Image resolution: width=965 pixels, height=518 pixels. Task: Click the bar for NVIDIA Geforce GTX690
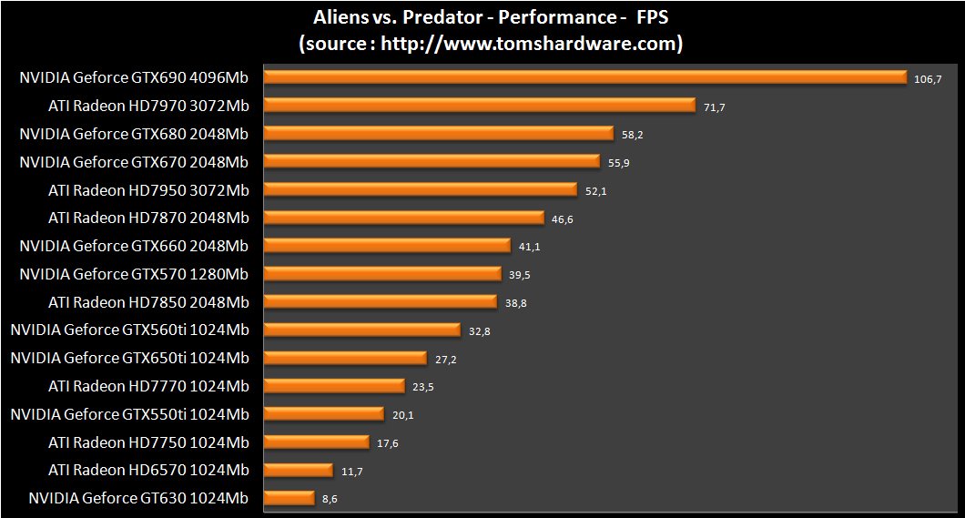(584, 77)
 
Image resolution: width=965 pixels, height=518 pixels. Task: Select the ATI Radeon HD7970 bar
(480, 106)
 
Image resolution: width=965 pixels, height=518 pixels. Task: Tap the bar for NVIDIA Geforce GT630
(289, 498)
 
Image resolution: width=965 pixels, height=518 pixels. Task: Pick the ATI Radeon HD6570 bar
(298, 470)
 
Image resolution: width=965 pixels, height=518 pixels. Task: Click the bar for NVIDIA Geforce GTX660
(387, 246)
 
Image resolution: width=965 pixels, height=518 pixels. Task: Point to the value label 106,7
(927, 79)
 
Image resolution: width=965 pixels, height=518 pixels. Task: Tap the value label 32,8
(480, 331)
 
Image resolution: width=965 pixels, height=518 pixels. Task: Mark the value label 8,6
(330, 500)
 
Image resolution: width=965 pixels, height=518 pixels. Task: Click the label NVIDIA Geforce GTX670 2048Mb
(134, 162)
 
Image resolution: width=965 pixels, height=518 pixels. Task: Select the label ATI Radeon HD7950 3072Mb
(148, 189)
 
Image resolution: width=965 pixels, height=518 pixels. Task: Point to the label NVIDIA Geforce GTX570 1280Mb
(134, 274)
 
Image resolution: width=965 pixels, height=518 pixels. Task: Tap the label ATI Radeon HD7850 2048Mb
(148, 301)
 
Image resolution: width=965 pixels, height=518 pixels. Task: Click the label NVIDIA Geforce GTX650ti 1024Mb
(129, 358)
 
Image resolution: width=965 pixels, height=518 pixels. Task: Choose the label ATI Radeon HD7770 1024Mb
(148, 386)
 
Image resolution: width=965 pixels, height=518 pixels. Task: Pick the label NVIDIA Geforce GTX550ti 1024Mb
(129, 414)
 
